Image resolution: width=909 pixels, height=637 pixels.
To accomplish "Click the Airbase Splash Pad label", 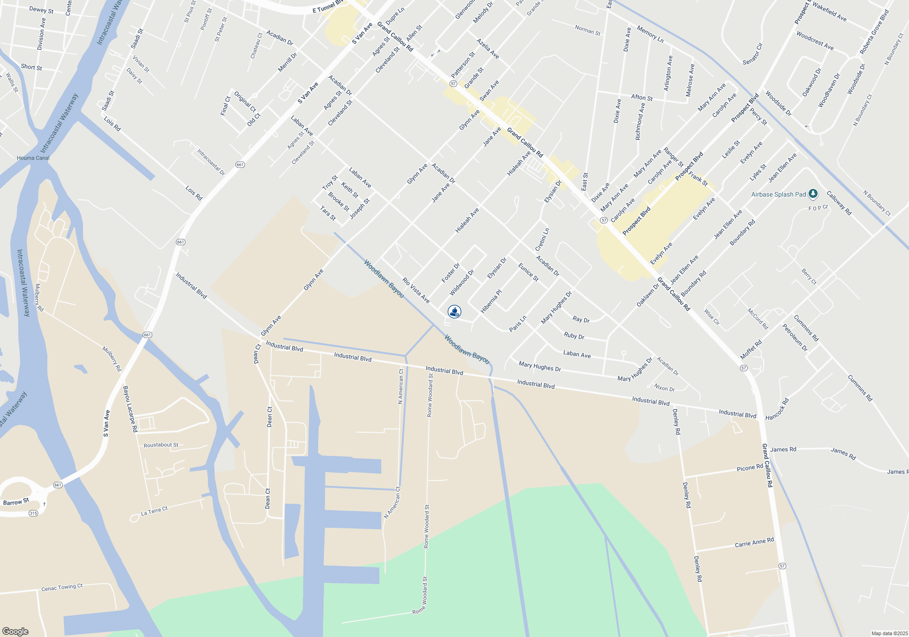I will point(778,194).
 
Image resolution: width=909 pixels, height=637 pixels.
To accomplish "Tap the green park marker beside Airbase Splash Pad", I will point(813,194).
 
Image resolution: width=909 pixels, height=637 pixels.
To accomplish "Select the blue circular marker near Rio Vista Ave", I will point(454,312).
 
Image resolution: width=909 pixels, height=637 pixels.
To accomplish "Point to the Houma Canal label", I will point(33,158).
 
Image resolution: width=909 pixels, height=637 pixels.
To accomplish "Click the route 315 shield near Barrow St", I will point(33,513).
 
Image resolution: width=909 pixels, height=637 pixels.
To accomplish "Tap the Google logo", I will point(15,632).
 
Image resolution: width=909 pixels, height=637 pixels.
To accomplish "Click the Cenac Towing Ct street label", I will point(62,587).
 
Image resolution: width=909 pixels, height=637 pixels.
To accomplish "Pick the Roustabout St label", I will point(161,445).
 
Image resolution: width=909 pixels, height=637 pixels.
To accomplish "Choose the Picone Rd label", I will point(750,468).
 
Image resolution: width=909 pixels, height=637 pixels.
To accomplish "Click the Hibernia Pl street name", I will point(491,302).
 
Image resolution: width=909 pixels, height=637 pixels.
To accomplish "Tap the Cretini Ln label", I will point(542,240).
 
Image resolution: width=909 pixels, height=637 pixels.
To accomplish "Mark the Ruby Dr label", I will point(574,336).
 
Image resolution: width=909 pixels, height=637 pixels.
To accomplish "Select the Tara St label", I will point(328,213).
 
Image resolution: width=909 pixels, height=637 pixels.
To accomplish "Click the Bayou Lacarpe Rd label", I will point(130,409).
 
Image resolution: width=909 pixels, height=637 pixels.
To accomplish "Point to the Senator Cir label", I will point(752,54).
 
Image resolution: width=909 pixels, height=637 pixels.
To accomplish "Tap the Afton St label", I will point(642,97).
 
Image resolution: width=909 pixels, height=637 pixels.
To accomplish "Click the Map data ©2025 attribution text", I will point(889,633).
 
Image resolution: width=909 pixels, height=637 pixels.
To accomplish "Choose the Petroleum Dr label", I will point(794,338).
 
